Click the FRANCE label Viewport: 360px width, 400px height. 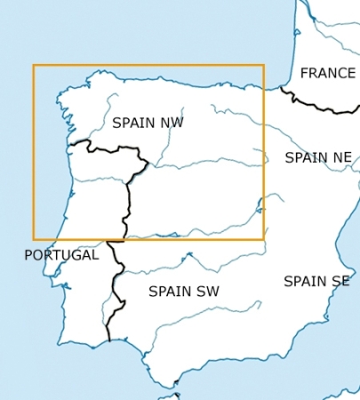pyautogui.click(x=327, y=73)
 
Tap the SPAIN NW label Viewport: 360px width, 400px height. pyautogui.click(x=148, y=123)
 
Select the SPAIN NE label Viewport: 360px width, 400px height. pyautogui.click(x=317, y=158)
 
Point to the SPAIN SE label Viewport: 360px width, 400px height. pyautogui.click(x=316, y=281)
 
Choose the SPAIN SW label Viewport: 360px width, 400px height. pyautogui.click(x=183, y=291)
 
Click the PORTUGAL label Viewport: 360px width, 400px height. pyautogui.click(x=61, y=255)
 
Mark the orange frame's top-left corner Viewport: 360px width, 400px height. pyautogui.click(x=34, y=65)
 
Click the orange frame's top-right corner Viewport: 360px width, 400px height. pyautogui.click(x=264, y=65)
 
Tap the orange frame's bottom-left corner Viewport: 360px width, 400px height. pyautogui.click(x=34, y=239)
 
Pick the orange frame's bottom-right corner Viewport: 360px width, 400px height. pyautogui.click(x=264, y=239)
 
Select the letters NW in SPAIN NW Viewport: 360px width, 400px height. pyautogui.click(x=171, y=123)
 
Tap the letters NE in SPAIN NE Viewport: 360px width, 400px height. pyautogui.click(x=340, y=158)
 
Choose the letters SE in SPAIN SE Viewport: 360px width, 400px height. pyautogui.click(x=340, y=281)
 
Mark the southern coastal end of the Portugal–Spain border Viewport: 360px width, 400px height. pyautogui.click(x=108, y=340)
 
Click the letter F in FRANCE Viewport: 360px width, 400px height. pyautogui.click(x=304, y=73)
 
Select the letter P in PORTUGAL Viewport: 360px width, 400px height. pyautogui.click(x=28, y=255)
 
